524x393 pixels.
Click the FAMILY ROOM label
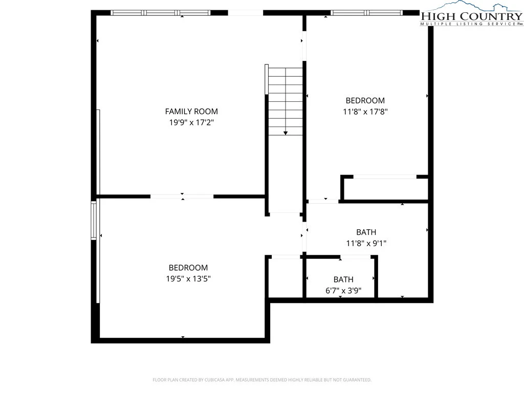click(x=191, y=111)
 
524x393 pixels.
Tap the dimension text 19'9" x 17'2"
click(x=191, y=122)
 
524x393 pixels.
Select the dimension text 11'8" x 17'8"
click(x=365, y=111)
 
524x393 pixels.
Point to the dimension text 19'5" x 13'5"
click(x=188, y=278)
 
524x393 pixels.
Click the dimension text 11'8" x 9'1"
click(x=366, y=243)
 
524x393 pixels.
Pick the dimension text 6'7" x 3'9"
click(x=343, y=291)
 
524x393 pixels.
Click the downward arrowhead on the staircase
click(x=286, y=133)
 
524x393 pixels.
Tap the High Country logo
click(x=471, y=14)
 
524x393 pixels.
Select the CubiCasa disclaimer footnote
click(x=262, y=380)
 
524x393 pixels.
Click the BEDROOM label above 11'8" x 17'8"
click(x=365, y=100)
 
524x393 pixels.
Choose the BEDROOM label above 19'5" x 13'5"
click(x=188, y=267)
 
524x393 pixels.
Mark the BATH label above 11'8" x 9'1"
click(x=366, y=232)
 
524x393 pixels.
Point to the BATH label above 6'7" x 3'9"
click(x=343, y=279)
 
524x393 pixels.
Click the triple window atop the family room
click(x=161, y=13)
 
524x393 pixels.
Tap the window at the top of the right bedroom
click(x=366, y=13)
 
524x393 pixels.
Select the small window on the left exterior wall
click(x=94, y=220)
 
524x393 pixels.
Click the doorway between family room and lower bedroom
click(x=182, y=196)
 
